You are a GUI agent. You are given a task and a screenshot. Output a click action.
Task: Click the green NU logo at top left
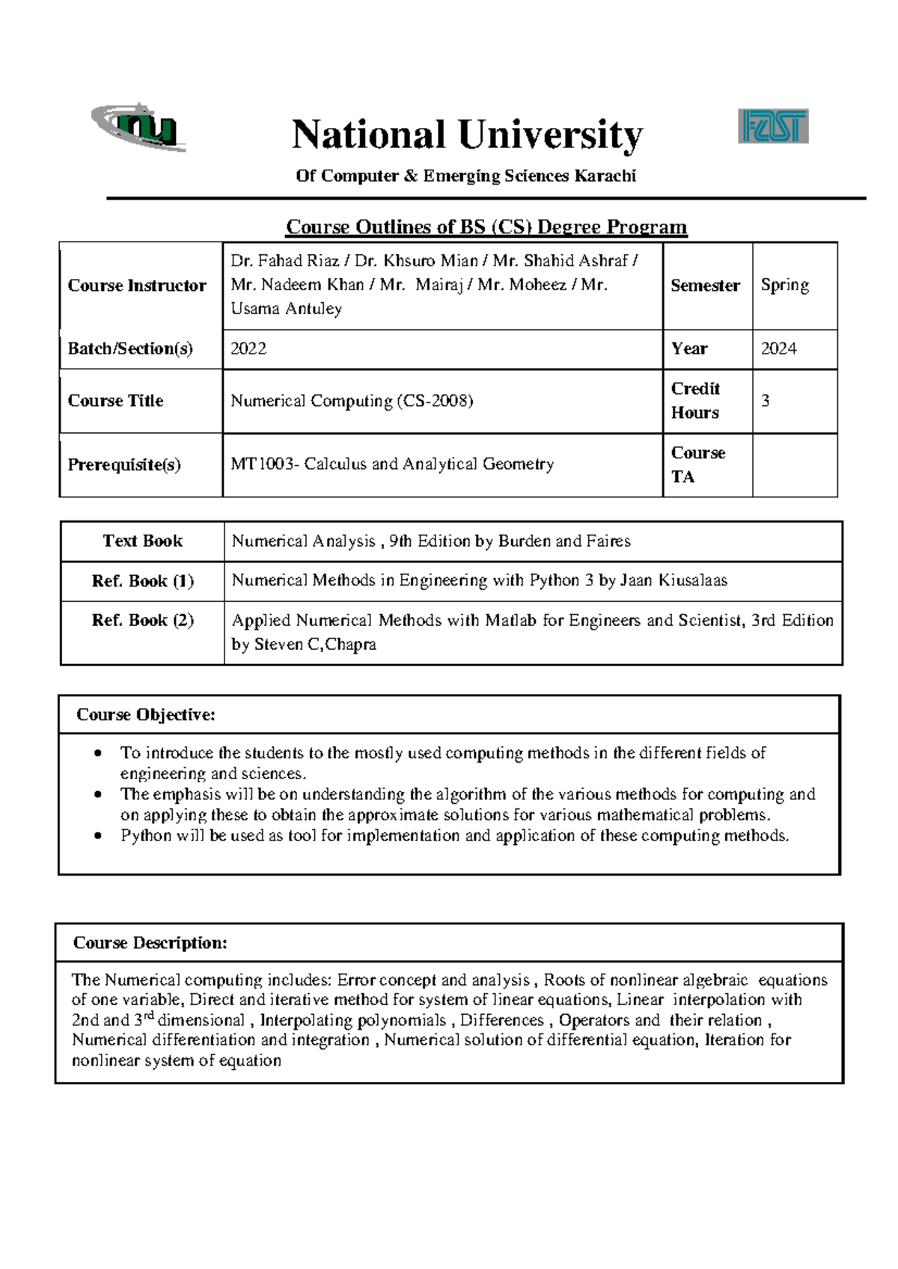(139, 128)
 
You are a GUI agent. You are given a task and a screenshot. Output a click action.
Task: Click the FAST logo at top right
(773, 126)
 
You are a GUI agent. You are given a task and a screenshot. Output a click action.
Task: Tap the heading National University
(467, 135)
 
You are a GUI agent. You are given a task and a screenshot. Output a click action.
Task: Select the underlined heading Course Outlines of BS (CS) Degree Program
(486, 227)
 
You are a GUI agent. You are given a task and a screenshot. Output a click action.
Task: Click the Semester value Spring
(784, 285)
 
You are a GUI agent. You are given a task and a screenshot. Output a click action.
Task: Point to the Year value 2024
(778, 348)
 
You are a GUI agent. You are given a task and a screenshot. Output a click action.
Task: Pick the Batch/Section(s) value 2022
(248, 348)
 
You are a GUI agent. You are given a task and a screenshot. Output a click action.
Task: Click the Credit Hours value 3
(765, 401)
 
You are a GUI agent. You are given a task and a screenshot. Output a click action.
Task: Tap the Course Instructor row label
(137, 286)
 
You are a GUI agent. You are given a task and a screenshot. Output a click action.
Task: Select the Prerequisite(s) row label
(124, 464)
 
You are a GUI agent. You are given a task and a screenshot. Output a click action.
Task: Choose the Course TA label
(697, 464)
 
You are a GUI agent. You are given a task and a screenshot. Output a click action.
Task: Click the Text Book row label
(142, 541)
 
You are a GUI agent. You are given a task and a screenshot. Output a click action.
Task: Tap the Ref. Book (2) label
(142, 620)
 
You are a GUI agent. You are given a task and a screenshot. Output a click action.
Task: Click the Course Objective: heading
(145, 715)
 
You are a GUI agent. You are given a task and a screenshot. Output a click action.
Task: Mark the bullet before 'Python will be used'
(97, 836)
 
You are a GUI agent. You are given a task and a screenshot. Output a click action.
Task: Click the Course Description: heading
(150, 943)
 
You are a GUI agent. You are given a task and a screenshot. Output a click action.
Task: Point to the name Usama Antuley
(286, 309)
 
